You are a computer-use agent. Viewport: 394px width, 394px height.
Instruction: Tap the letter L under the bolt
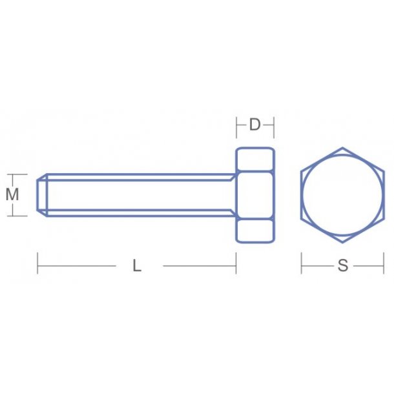click(137, 265)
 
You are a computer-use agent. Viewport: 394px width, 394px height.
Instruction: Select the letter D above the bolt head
click(255, 125)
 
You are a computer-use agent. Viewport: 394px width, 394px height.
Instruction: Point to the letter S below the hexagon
click(343, 265)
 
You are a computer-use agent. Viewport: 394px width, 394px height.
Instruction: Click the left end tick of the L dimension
click(37, 264)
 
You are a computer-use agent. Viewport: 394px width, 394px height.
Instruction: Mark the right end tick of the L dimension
click(236, 264)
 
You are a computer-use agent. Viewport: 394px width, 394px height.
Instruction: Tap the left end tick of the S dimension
click(302, 264)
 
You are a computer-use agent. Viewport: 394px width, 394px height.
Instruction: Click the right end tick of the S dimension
click(384, 264)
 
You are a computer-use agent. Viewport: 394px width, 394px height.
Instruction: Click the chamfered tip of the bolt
click(42, 194)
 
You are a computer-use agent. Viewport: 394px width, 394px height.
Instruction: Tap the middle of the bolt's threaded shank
click(139, 194)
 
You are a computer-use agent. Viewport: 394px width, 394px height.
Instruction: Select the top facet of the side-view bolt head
click(255, 160)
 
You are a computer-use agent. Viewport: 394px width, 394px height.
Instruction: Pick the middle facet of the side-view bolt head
click(255, 194)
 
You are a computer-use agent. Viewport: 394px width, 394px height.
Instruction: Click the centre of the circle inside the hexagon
click(343, 194)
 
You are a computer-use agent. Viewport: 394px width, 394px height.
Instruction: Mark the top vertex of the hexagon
click(343, 148)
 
